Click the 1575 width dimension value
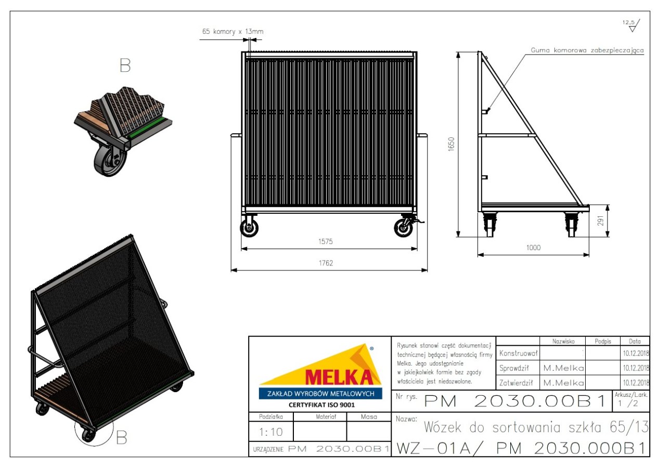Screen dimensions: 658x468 coord(326,241)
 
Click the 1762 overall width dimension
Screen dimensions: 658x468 coord(326,263)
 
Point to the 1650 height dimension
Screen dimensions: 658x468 coord(451,144)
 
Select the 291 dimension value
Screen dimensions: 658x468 coord(600,221)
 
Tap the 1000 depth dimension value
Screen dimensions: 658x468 coord(533,248)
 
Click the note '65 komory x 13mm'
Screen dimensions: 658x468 coord(233,31)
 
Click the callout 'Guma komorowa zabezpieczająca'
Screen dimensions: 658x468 coord(587,50)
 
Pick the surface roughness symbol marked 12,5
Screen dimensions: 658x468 coord(631,25)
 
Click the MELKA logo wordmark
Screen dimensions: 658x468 coord(339,377)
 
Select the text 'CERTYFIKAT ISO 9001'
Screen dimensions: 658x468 coord(321,405)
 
